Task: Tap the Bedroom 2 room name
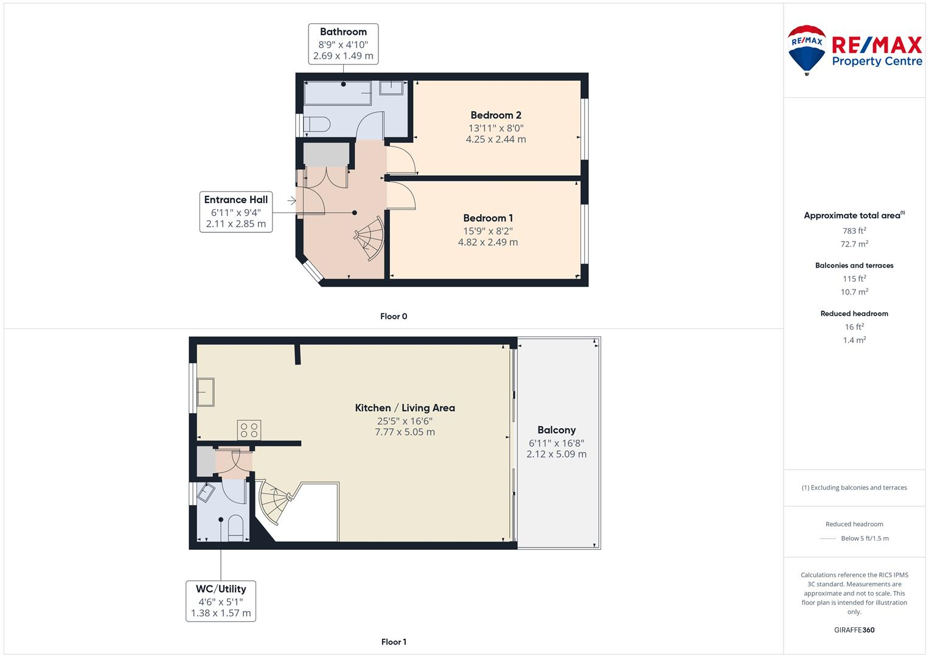(x=496, y=115)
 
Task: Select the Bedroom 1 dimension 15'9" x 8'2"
(x=488, y=231)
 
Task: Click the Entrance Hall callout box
(x=235, y=212)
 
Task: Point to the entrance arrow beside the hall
(x=291, y=200)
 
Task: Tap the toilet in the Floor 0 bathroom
(x=316, y=125)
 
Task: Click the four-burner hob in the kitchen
(x=249, y=430)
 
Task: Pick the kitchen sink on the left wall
(x=205, y=392)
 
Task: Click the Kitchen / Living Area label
(x=405, y=408)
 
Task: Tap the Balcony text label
(x=556, y=430)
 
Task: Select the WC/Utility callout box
(x=220, y=601)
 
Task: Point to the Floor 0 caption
(x=394, y=316)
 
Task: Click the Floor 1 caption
(x=394, y=642)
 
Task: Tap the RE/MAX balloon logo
(x=806, y=49)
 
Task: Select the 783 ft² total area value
(x=854, y=231)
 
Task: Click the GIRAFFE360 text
(x=854, y=630)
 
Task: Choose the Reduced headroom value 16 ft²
(x=854, y=327)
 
